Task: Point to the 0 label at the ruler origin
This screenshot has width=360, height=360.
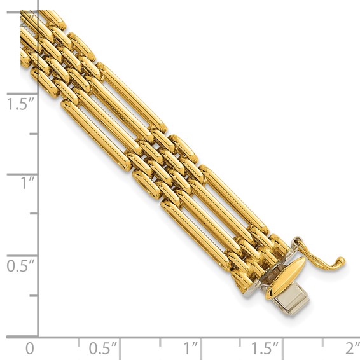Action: click(x=29, y=349)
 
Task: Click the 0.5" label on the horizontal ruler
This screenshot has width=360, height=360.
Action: click(x=103, y=349)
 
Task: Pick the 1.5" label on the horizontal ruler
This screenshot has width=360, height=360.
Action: click(x=265, y=349)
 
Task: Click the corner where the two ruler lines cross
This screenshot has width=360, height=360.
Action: click(x=38, y=336)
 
